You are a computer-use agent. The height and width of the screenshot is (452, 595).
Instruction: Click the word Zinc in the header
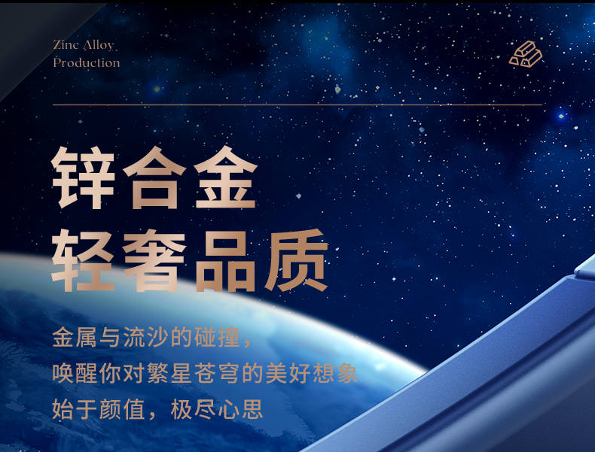[x=66, y=44]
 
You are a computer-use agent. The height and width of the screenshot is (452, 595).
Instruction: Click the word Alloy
[x=98, y=46]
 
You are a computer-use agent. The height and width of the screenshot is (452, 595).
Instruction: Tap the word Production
[x=87, y=62]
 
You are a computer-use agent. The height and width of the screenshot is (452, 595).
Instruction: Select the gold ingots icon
[x=526, y=54]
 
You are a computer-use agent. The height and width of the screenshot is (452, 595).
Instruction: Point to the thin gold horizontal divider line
[x=297, y=105]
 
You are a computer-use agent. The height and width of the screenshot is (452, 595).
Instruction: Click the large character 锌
[x=83, y=177]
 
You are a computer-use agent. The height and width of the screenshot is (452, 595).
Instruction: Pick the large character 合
[x=155, y=177]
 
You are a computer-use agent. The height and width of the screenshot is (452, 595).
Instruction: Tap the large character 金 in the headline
[x=226, y=177]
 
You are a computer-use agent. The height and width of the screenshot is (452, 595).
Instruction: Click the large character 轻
[x=83, y=260]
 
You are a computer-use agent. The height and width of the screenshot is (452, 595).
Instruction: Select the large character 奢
[x=155, y=260]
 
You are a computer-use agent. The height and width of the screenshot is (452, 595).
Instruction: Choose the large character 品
[x=226, y=260]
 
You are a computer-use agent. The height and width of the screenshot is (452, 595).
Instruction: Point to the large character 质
[x=297, y=260]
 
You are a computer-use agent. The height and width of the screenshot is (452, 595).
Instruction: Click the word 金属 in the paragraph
[x=75, y=337]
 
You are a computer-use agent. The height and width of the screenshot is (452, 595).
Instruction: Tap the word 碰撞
[x=217, y=337]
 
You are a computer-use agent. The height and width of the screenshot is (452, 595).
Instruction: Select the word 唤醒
[x=75, y=373]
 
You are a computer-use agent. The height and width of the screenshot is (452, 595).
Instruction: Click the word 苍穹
[x=217, y=373]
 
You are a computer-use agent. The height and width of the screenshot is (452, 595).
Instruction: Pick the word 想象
[x=335, y=373]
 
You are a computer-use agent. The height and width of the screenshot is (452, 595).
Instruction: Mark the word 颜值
[x=122, y=409]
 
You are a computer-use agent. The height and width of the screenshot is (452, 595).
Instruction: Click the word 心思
[x=240, y=409]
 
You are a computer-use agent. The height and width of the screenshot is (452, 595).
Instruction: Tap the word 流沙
[x=146, y=337]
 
